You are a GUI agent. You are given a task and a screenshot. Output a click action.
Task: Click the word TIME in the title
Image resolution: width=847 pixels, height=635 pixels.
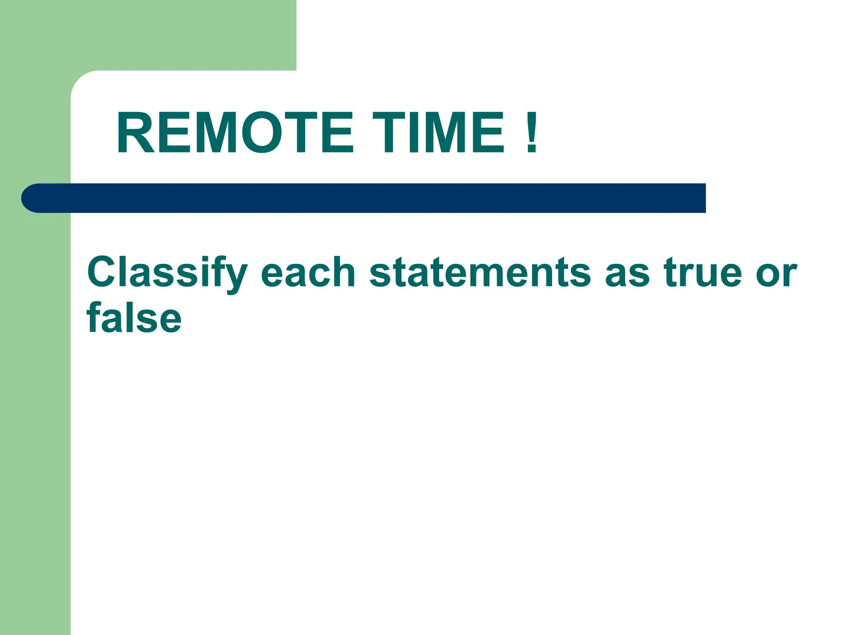pyautogui.click(x=439, y=133)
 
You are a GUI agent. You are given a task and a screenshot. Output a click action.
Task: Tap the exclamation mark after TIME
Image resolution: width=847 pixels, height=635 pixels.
pyautogui.click(x=532, y=133)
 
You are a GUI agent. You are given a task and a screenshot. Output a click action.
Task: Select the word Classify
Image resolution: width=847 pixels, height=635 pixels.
pyautogui.click(x=167, y=273)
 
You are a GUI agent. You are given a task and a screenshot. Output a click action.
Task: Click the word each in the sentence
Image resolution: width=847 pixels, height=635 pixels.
pyautogui.click(x=308, y=273)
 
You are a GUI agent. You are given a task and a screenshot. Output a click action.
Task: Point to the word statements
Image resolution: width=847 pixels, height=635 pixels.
pyautogui.click(x=480, y=273)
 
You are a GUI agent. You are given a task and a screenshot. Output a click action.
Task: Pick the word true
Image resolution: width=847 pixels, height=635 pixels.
pyautogui.click(x=703, y=273)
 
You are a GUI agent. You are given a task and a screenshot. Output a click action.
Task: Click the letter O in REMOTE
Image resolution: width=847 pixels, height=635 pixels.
pyautogui.click(x=260, y=133)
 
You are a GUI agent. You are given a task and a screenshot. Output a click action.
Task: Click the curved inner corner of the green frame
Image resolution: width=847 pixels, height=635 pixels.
pyautogui.click(x=81, y=81)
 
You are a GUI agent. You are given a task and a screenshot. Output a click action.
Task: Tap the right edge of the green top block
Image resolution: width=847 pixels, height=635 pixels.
pyautogui.click(x=295, y=35)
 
